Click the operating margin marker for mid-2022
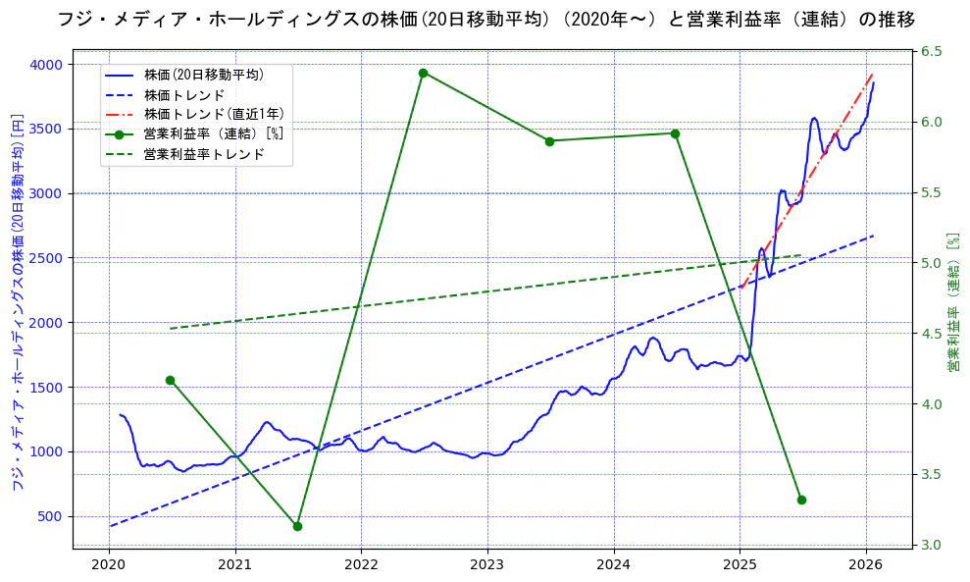pyautogui.click(x=423, y=73)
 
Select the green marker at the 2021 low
pyautogui.click(x=297, y=526)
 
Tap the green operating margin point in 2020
pyautogui.click(x=170, y=380)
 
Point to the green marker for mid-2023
pyautogui.click(x=549, y=141)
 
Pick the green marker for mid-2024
pyautogui.click(x=675, y=133)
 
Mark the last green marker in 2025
pyautogui.click(x=801, y=500)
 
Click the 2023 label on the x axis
pyautogui.click(x=487, y=565)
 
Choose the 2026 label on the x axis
pyautogui.click(x=866, y=565)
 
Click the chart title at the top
pyautogui.click(x=485, y=19)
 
